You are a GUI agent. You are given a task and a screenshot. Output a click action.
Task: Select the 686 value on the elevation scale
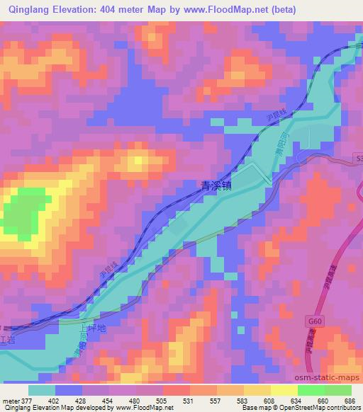tap(349, 400)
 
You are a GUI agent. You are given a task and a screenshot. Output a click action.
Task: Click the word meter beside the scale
tap(9, 400)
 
